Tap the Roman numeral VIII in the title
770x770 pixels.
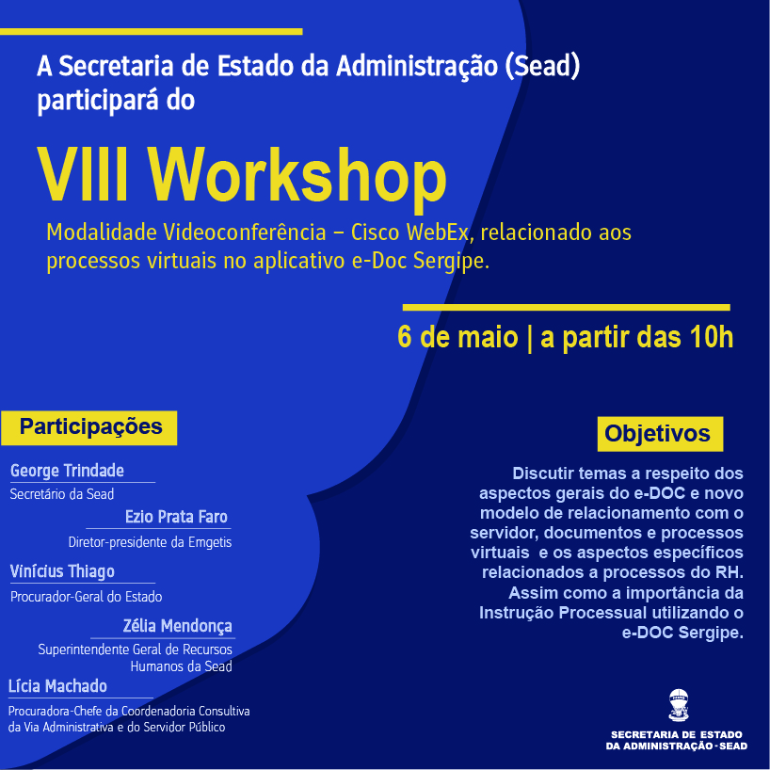(x=83, y=174)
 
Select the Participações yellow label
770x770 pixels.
(x=88, y=427)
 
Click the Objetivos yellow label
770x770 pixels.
(x=660, y=434)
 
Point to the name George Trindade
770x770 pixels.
(x=67, y=471)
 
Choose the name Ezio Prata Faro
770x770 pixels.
(x=176, y=517)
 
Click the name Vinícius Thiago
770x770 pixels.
(x=62, y=571)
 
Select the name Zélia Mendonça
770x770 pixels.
(x=177, y=626)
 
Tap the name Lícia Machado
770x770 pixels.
(x=57, y=686)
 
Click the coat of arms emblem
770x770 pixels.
(x=678, y=705)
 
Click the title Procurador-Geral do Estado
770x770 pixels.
(x=86, y=597)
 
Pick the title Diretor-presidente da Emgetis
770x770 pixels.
(x=150, y=542)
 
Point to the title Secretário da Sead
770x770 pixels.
(x=62, y=494)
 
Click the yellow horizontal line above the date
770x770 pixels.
(x=567, y=308)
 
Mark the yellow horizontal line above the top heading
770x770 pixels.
(x=152, y=32)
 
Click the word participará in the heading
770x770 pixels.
(x=98, y=101)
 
